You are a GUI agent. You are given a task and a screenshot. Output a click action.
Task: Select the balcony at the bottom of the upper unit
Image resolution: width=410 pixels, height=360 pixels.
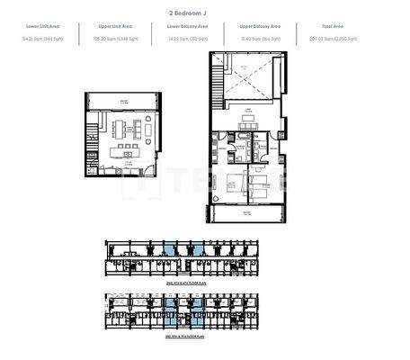pos(248,215)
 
